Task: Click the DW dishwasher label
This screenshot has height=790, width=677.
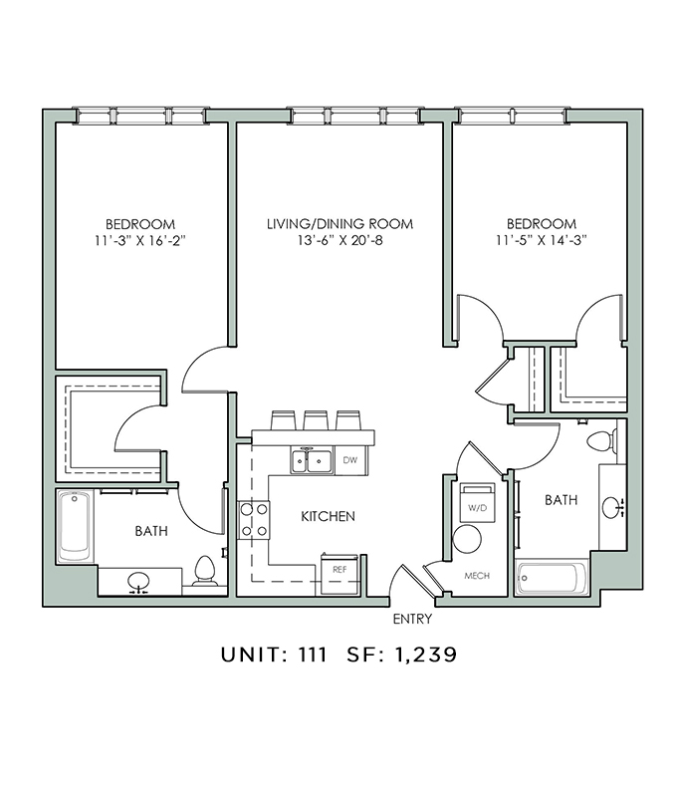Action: point(349,460)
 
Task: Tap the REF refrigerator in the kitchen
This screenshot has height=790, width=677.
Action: point(339,574)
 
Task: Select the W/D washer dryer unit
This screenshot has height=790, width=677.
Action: point(478,502)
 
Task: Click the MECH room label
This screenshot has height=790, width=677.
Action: point(477,576)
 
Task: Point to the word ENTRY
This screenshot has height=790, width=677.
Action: point(412,619)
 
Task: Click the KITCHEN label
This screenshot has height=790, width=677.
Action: point(329,516)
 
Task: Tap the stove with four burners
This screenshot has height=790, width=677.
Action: point(254,520)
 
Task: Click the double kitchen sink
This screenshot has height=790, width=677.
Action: point(311,461)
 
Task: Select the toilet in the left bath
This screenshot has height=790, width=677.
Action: point(204,572)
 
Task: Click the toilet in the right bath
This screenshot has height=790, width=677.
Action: point(602,441)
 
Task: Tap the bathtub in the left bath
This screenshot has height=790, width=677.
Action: point(75,526)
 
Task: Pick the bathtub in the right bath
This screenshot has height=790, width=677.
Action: point(552,578)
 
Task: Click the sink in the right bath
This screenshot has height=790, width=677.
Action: point(612,507)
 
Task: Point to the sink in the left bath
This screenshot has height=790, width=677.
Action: point(138,581)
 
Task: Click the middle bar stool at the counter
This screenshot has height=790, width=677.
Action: point(316,420)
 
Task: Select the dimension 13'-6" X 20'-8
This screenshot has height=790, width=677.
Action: point(339,240)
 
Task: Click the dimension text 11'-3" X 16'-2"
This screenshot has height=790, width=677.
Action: point(140,240)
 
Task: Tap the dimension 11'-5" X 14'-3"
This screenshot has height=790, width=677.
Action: point(541,240)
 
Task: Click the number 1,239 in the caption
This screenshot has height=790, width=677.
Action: point(426,655)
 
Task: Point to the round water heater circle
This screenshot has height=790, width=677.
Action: point(467,539)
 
